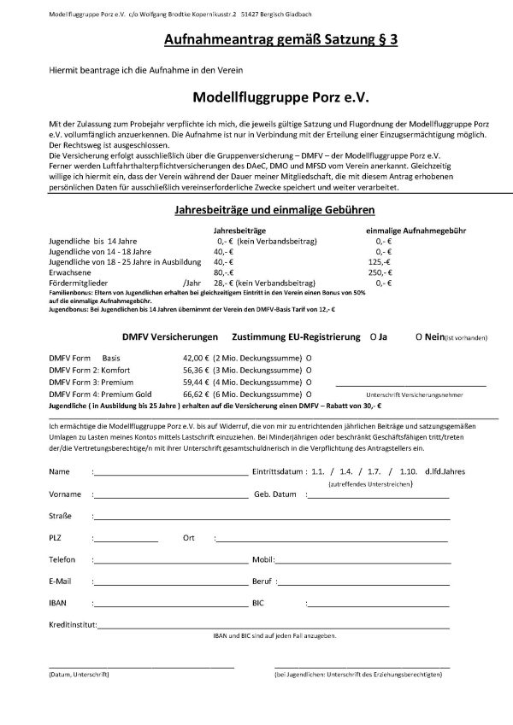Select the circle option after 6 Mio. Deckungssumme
(x=309, y=396)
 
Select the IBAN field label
(x=58, y=603)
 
